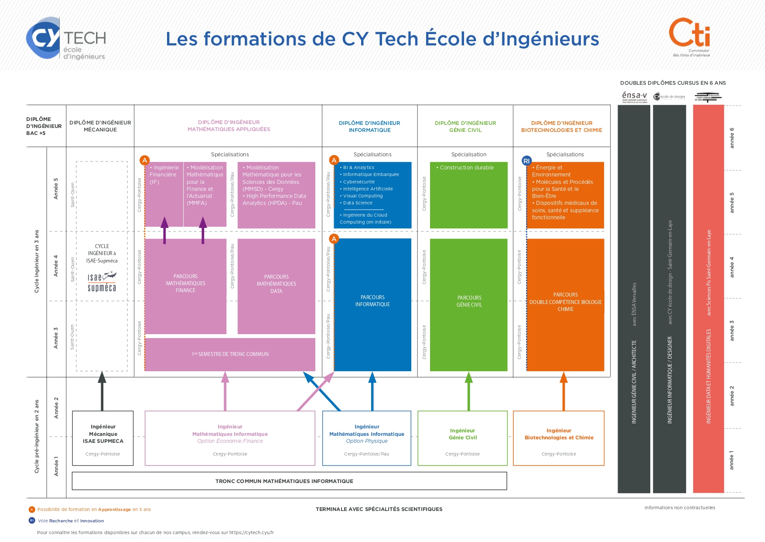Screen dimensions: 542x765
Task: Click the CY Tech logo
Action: coord(66,38)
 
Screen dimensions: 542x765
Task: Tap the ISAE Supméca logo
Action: coord(102,282)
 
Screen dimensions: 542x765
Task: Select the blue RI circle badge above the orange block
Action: coord(526,161)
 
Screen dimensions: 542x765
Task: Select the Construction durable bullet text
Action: coord(466,168)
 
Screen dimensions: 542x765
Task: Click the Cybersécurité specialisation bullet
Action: coord(359,182)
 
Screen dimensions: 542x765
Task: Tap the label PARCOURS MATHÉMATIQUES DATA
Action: coord(276,284)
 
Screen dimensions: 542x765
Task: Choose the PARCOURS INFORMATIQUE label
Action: coord(372,301)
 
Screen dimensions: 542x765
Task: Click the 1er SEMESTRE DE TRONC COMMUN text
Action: coord(230,354)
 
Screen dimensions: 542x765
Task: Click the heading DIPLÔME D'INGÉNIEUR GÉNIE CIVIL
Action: coord(465,126)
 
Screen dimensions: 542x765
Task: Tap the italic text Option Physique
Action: coord(366,441)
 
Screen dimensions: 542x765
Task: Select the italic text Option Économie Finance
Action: coord(230,441)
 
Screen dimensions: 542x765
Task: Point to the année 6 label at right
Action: coord(732,138)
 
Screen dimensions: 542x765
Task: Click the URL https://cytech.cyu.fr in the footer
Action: coord(251,532)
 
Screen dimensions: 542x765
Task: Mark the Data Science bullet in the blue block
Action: coord(357,203)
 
